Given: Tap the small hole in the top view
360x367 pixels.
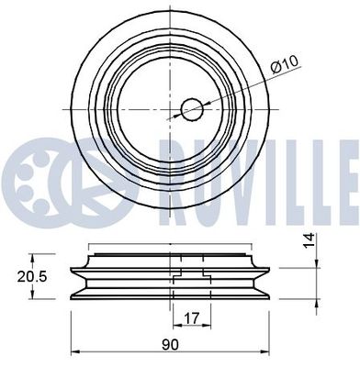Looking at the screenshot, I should [191, 109].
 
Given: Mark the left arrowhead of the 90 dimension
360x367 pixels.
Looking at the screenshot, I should [74, 352].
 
